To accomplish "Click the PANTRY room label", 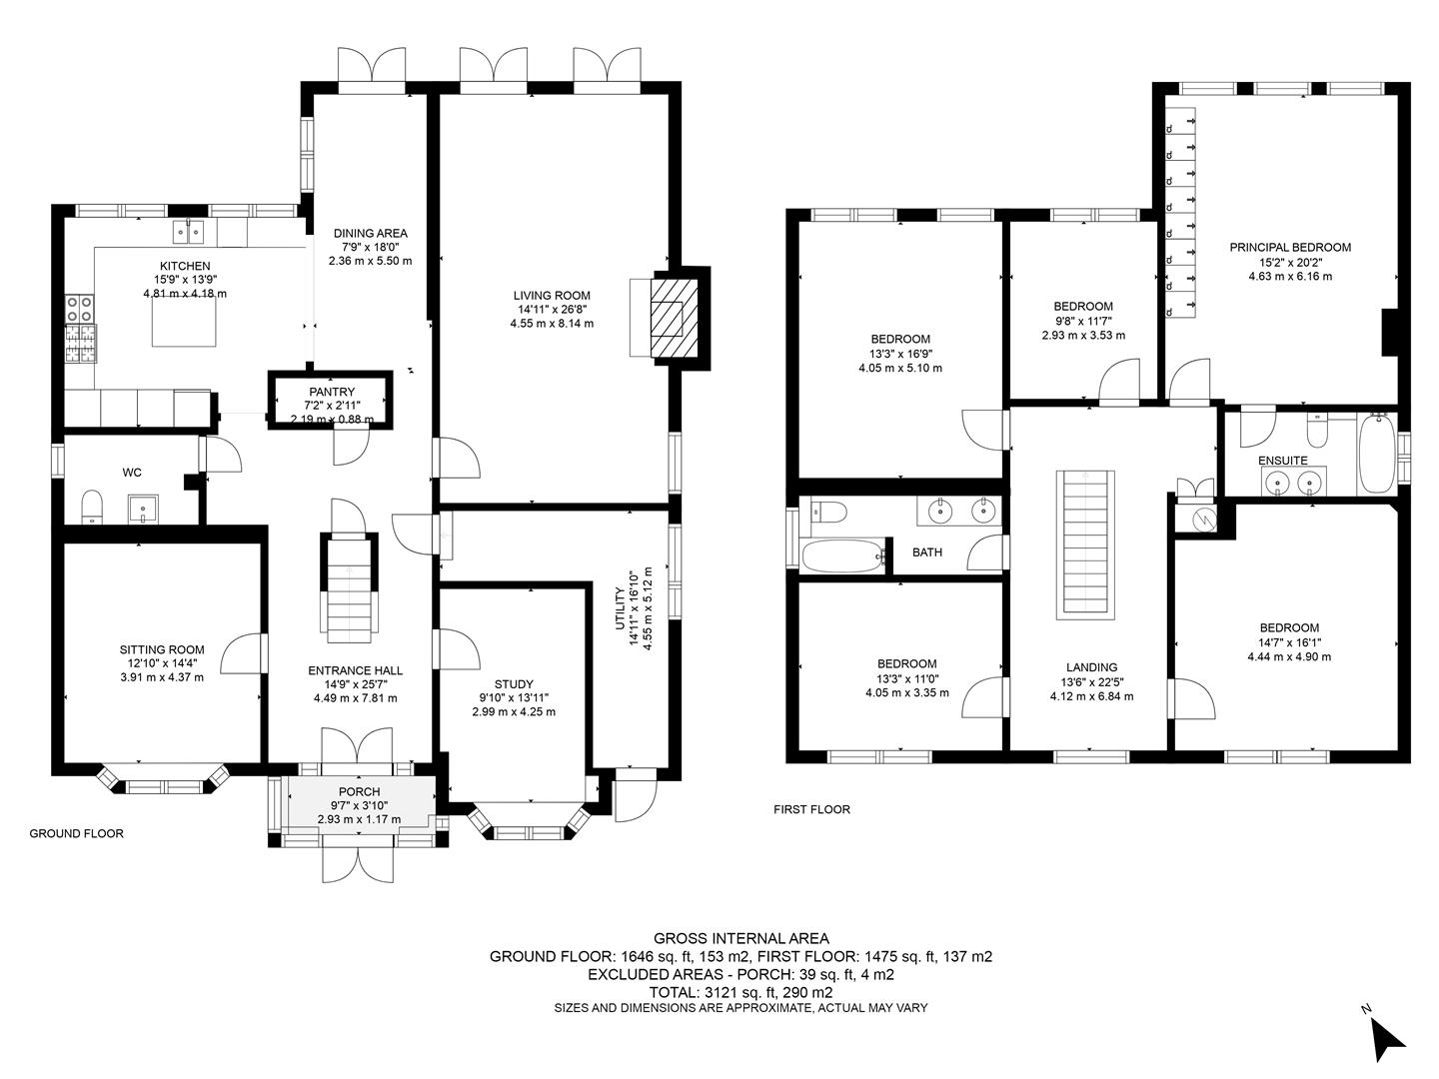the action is [332, 392].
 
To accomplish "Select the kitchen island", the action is [184, 326].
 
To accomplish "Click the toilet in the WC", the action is [93, 508].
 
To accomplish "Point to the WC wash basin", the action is [143, 509].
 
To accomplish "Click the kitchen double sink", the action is [188, 231].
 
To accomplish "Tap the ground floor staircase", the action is [349, 587].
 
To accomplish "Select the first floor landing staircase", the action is [1085, 544].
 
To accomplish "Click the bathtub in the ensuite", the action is [1377, 453].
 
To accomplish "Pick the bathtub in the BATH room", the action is [843, 556].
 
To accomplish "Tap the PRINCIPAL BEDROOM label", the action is [1290, 248].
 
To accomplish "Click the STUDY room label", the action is [514, 684].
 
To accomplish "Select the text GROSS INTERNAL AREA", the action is [740, 938].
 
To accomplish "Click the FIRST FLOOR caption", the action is [811, 809].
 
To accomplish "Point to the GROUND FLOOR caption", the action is [77, 833].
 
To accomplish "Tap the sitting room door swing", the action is [241, 653].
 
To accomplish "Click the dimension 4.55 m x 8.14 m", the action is [552, 323].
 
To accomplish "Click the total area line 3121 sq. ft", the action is [740, 992].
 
